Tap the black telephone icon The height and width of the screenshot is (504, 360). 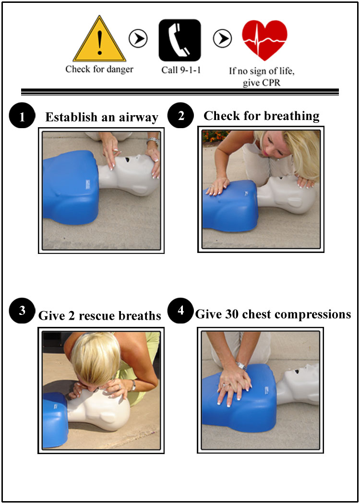(x=180, y=40)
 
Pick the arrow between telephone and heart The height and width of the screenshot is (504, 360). (x=222, y=38)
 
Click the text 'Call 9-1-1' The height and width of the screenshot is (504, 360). (x=181, y=70)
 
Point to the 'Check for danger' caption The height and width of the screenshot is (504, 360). (x=99, y=69)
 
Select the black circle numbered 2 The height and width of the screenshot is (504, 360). (x=181, y=116)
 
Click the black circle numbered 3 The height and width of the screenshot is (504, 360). (x=22, y=312)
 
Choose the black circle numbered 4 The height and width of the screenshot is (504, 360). (x=180, y=311)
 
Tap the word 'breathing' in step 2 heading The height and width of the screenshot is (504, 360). (x=293, y=116)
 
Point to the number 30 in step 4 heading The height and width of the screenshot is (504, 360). (x=227, y=314)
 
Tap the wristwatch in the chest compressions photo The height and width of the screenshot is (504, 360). (x=241, y=365)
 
